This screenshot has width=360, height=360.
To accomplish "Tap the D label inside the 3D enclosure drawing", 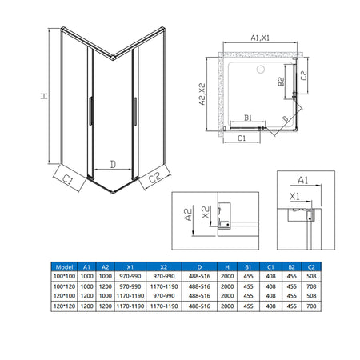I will point(113,164).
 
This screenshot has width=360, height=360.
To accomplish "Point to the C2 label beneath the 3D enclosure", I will point(156,180).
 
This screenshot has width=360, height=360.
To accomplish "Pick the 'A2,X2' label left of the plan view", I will point(203,94).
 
